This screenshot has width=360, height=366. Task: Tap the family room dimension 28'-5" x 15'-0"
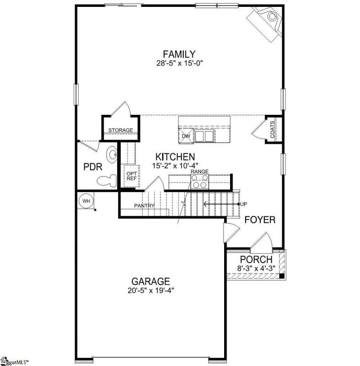point(179,64)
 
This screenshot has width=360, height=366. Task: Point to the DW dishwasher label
point(186,136)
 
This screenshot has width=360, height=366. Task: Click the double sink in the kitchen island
point(204,136)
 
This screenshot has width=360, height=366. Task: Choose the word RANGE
point(199,171)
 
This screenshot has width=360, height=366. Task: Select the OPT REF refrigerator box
point(132,176)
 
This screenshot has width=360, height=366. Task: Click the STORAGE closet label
point(120,130)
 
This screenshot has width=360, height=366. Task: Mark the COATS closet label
point(272,130)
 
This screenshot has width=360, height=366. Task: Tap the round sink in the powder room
point(111,155)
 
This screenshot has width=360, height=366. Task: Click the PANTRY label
point(144,206)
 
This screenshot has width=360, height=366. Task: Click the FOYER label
point(259,220)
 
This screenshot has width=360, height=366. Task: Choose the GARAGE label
point(150,281)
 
